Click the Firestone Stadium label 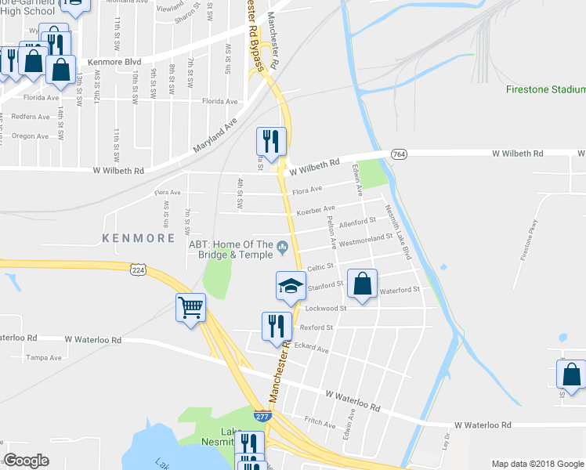(545, 90)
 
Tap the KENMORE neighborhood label (138, 237)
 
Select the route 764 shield (399, 154)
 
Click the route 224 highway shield (138, 269)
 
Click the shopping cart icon (191, 307)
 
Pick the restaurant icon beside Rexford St (275, 325)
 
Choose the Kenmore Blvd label (114, 61)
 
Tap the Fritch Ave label (320, 421)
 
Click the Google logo (27, 461)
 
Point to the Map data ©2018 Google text (537, 464)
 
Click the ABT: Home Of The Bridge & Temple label (230, 249)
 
